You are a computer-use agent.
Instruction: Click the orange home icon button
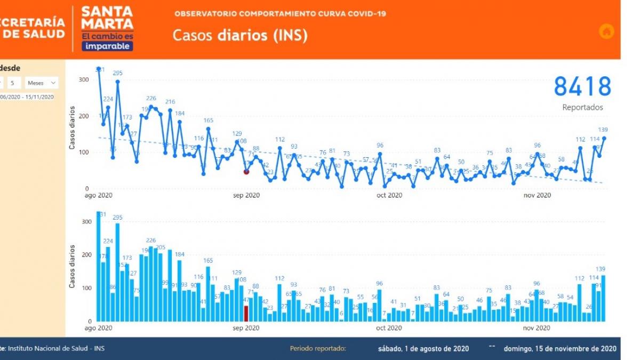point(606,31)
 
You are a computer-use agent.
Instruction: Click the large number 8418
point(582,86)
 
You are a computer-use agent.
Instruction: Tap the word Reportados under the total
point(582,107)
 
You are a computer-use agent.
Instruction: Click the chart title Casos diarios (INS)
point(239,35)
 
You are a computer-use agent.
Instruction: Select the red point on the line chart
point(246,172)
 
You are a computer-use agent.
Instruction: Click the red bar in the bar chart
point(246,313)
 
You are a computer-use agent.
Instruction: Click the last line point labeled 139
point(604,138)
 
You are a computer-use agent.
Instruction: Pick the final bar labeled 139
point(604,298)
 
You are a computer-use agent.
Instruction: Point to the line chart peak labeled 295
point(117,82)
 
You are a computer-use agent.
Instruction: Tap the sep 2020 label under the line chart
point(246,195)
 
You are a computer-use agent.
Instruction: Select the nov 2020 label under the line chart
point(537,195)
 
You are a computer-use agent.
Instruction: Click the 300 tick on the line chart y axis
point(83,80)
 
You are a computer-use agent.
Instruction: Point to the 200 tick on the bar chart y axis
point(83,255)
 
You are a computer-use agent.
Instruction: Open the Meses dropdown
point(42,83)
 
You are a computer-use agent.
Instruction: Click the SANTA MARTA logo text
point(107,18)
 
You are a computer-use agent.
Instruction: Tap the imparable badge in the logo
point(107,46)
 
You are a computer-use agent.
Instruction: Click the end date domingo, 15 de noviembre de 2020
point(560,349)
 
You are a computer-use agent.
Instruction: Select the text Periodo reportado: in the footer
point(318,349)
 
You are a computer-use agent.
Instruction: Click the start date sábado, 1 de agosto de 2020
point(423,349)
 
